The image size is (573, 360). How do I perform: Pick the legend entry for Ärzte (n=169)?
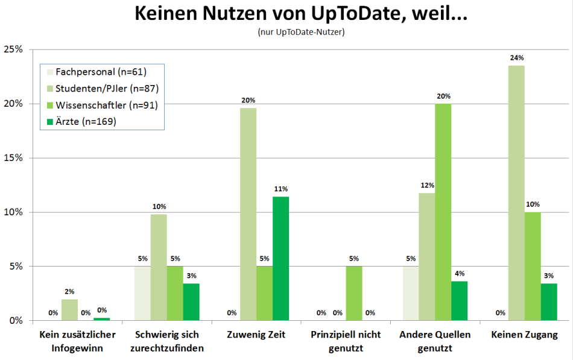85,122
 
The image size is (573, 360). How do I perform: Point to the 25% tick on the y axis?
13,49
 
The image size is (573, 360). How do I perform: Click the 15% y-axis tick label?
13,158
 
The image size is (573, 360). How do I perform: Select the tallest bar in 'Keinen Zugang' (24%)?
516,193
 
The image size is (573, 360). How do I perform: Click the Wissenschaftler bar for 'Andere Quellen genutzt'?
443,212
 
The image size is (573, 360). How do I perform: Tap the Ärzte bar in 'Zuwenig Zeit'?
281,258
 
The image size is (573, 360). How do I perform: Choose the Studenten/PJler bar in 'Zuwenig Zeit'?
249,214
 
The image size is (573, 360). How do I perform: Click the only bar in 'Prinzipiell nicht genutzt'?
354,293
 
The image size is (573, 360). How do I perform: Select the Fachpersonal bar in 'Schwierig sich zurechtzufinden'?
142,293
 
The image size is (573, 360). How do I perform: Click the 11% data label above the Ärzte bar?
281,189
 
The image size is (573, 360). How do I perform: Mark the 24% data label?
516,58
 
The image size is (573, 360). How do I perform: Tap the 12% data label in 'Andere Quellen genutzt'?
426,185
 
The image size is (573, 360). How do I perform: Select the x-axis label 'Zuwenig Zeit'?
256,335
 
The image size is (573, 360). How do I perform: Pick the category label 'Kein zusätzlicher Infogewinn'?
77,341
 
